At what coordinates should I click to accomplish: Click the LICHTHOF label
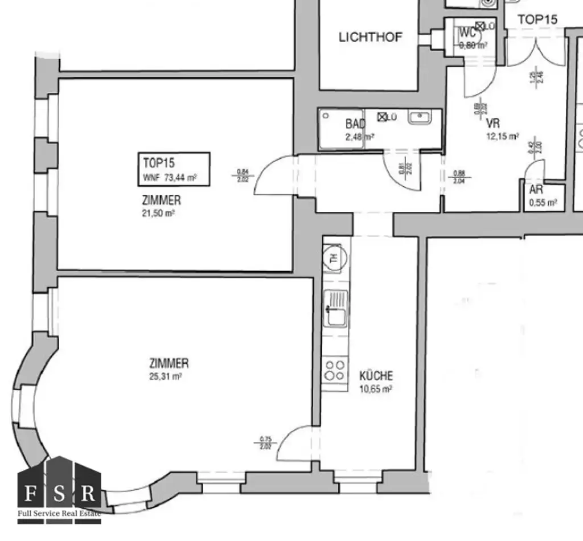point(370,38)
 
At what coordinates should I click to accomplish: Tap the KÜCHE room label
point(376,376)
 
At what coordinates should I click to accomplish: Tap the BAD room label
point(355,124)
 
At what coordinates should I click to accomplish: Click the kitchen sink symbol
point(335,308)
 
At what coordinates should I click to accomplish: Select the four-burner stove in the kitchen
point(335,371)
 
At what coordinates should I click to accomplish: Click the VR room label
point(493,125)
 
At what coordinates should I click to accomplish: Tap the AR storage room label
point(536,190)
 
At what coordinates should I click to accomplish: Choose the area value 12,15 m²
point(502,137)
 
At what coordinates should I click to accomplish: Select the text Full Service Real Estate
point(59,514)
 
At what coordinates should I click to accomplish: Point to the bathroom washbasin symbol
point(421,118)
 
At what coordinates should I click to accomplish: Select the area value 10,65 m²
point(376,390)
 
